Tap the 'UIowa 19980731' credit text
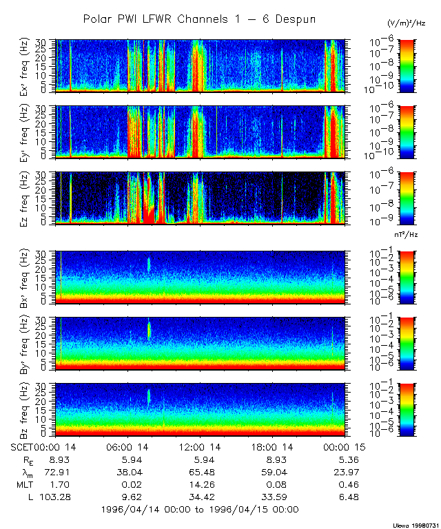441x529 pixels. [417, 525]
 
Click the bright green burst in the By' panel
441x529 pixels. [149, 329]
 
